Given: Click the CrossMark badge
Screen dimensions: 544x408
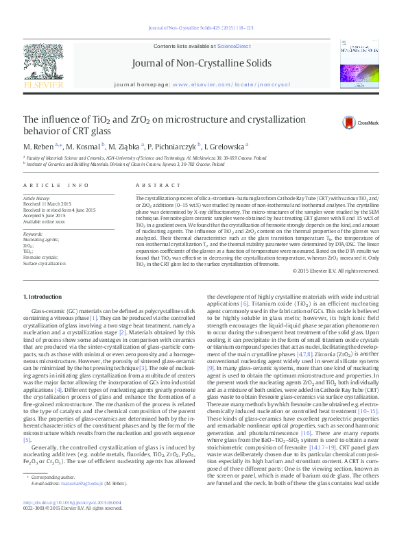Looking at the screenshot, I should point(347,123).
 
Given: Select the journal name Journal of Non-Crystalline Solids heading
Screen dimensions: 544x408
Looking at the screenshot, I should point(203,64).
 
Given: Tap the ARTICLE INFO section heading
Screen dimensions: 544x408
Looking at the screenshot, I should point(56,186).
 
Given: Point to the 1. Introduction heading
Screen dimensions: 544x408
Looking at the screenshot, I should point(43,296).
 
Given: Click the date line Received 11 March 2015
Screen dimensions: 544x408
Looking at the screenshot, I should point(48,203).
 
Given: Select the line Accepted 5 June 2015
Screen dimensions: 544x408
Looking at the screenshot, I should point(45,214).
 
